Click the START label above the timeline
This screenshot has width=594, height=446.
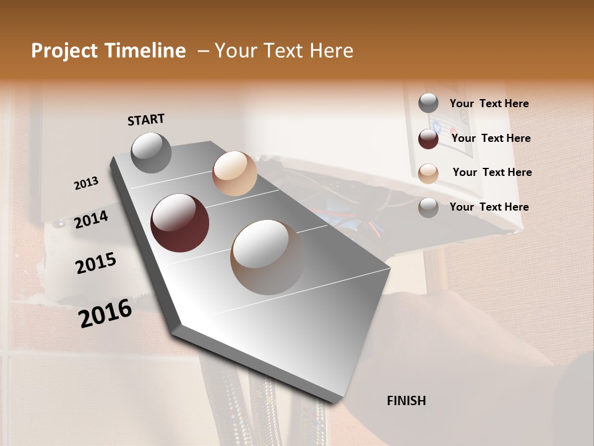tap(146, 120)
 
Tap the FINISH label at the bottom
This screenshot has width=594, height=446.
tap(406, 401)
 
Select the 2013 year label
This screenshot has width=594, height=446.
tap(86, 183)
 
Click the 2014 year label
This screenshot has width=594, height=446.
tap(91, 219)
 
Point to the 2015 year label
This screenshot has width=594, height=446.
tap(96, 263)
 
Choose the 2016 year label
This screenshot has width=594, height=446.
tap(105, 313)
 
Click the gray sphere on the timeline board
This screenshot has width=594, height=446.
tap(152, 152)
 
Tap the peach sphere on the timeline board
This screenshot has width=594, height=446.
tap(235, 173)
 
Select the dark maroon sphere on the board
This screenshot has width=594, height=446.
tap(179, 223)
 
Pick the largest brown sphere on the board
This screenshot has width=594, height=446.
tap(267, 257)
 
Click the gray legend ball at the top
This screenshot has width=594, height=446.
tap(428, 103)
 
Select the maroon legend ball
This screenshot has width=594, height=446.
tap(428, 139)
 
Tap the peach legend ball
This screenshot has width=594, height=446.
tap(428, 173)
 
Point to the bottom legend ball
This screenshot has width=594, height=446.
tap(428, 208)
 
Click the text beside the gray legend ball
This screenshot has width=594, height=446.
tap(489, 103)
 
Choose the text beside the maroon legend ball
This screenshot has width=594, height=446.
tap(491, 138)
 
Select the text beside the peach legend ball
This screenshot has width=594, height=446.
tap(492, 172)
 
